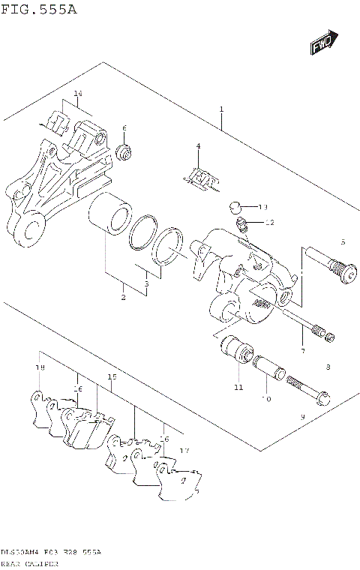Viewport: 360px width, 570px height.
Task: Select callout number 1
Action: click(222, 109)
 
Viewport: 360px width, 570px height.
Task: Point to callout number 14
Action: click(77, 94)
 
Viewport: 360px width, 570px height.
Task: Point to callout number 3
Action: click(146, 284)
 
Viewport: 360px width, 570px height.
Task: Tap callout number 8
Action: click(328, 367)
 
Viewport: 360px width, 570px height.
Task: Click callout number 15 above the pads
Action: click(112, 377)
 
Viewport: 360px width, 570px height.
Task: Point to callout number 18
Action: click(40, 368)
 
